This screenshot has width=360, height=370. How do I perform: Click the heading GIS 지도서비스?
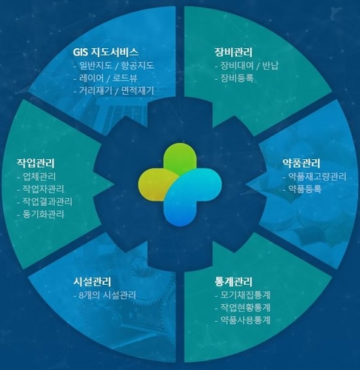[106, 52]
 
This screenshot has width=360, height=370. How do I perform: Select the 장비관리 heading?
[233, 52]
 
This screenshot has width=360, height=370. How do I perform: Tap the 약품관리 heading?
[301, 163]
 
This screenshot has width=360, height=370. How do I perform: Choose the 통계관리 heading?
[233, 282]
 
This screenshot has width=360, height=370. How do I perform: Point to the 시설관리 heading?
[92, 282]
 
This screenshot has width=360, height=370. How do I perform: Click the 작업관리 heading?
[36, 163]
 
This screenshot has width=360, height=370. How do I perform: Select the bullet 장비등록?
[237, 78]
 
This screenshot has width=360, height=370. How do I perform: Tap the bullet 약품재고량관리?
[317, 177]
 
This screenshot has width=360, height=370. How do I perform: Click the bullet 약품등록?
[305, 189]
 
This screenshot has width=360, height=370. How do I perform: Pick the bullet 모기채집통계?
[245, 295]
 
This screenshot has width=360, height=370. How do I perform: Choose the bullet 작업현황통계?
[245, 308]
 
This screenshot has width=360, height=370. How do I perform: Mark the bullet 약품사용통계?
[245, 320]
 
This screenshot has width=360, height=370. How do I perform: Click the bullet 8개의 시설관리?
[107, 295]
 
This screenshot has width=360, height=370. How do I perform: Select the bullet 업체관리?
[39, 177]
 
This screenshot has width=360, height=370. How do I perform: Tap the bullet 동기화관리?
[43, 214]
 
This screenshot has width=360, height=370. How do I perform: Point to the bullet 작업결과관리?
[47, 201]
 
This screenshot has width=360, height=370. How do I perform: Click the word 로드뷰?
[125, 78]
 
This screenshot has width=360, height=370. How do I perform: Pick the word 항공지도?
[137, 66]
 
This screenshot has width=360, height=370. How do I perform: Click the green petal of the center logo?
[181, 158]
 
